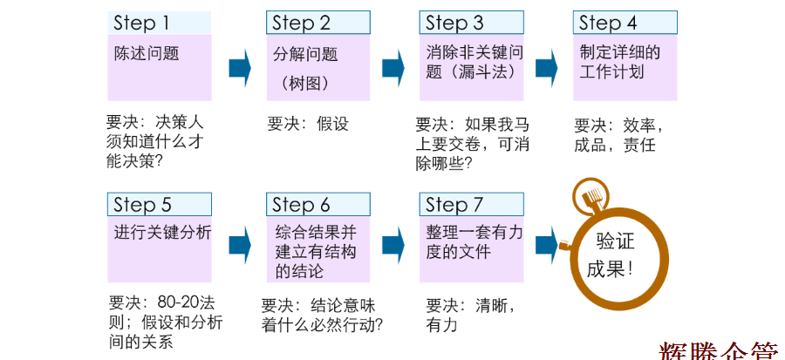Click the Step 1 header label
pos(140,23)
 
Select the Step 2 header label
pos(301,23)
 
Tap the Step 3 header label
pos(454,23)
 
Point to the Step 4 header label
pos(608,23)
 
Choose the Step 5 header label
pos(142,205)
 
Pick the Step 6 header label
pos(301,205)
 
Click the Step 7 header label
pos(454,205)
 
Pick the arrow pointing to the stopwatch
pos(547,243)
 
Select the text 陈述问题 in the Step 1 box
pos(147,53)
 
